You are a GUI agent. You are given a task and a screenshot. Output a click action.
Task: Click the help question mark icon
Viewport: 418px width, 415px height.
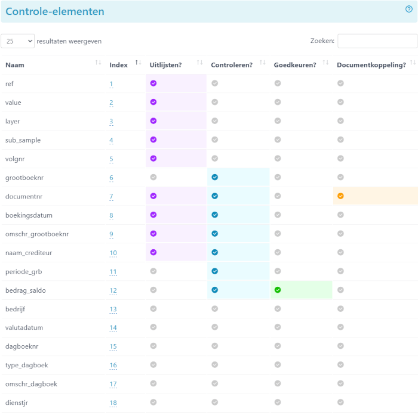(408, 9)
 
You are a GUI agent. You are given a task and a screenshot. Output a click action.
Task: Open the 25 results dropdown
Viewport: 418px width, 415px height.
(17, 41)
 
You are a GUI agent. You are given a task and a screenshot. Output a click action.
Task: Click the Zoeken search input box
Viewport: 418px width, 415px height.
(377, 41)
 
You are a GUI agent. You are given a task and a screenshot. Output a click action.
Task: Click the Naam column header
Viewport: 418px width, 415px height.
(15, 65)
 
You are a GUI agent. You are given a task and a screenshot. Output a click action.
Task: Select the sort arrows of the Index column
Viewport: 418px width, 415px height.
(138, 63)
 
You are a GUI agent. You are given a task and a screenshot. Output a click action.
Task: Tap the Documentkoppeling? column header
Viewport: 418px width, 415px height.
(371, 65)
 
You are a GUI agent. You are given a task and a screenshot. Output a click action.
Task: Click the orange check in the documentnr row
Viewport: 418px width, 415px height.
(340, 196)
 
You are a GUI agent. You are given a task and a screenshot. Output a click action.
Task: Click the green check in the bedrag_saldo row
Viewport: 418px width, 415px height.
(278, 290)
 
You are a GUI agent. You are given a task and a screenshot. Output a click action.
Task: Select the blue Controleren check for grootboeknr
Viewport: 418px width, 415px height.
(214, 177)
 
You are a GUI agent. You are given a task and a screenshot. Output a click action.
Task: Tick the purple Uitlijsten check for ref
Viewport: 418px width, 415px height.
(153, 83)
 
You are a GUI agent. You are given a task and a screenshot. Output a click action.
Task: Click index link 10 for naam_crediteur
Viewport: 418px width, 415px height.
(113, 253)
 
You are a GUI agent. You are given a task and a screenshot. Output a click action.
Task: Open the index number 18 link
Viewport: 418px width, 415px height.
(113, 402)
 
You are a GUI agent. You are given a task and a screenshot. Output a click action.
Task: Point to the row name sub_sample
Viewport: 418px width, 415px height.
(23, 140)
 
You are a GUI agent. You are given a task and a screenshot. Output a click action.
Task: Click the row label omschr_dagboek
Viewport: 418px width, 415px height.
(31, 384)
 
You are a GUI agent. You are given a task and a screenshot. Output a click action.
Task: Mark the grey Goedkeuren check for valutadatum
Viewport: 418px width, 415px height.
(278, 327)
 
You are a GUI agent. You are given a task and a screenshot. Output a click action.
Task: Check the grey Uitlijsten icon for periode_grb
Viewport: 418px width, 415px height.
(153, 271)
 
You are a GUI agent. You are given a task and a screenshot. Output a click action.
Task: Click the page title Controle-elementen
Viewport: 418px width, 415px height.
(55, 11)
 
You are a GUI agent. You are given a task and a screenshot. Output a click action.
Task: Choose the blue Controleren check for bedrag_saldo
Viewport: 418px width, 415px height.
(214, 290)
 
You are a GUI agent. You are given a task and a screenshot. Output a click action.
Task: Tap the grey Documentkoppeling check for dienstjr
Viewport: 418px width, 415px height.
(340, 402)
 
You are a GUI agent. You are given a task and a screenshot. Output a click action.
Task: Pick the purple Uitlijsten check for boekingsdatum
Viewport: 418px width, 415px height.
(153, 215)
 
